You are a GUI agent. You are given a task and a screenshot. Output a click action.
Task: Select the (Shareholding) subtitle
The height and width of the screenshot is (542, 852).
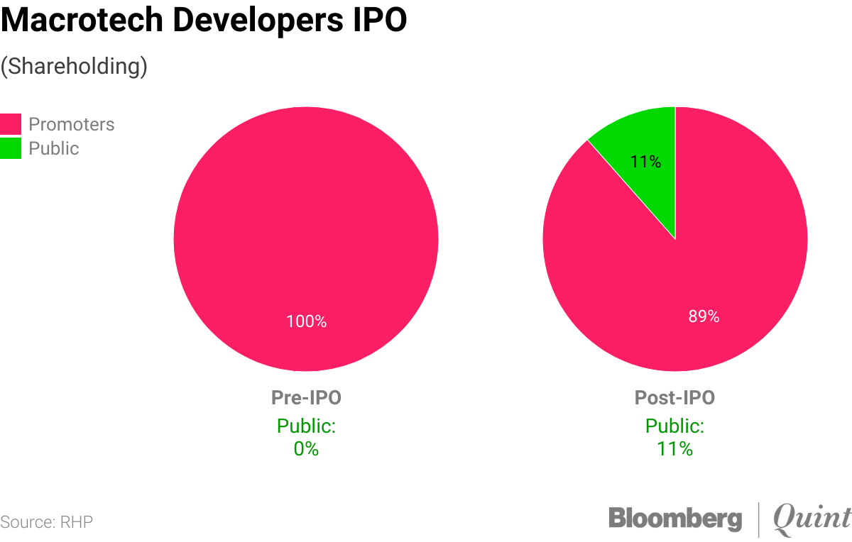[74, 66]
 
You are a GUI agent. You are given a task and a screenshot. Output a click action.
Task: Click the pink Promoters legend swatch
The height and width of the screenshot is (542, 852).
[11, 124]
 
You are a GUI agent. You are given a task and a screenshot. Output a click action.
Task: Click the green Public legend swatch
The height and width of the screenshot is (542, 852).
[11, 148]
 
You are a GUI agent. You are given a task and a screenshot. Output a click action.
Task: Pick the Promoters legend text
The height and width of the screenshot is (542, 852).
[71, 124]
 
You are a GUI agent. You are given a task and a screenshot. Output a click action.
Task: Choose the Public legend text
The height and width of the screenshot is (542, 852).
[53, 148]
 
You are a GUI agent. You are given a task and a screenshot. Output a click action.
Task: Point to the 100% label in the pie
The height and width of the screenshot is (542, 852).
[306, 321]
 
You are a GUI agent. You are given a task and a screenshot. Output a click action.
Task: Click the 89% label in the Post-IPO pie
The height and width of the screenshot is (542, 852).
[704, 316]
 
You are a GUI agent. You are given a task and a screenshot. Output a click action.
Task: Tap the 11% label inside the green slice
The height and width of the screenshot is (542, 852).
[645, 162]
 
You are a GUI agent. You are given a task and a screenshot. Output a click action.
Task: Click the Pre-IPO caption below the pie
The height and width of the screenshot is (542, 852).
[306, 398]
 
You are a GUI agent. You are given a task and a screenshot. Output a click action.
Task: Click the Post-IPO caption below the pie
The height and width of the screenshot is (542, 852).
[674, 398]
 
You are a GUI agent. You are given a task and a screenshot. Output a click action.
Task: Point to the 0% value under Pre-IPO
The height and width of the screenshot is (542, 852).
[306, 449]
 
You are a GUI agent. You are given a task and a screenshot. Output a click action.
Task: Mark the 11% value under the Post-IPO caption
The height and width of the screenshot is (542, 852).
[674, 449]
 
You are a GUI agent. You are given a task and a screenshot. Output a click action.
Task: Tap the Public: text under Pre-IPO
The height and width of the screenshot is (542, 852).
[306, 426]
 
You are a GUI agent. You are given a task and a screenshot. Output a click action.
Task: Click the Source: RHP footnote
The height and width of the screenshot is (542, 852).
[47, 523]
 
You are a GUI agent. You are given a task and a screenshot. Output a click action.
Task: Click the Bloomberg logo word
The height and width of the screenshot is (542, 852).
[674, 519]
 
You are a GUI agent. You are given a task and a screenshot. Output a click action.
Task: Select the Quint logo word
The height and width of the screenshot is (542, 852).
[812, 519]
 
